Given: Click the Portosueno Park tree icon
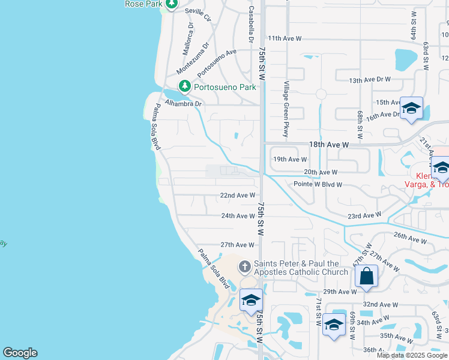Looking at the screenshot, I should (185, 87).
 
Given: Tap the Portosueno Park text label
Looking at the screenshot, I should (225, 88).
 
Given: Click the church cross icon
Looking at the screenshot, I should (244, 266).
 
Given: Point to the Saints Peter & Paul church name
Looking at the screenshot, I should (300, 268).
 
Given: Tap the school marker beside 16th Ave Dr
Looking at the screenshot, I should (411, 109).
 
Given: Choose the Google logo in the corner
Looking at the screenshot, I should (20, 353).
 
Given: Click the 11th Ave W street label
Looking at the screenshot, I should (285, 38).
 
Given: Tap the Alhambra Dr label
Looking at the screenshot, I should (184, 103).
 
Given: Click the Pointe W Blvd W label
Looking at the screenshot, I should (318, 184).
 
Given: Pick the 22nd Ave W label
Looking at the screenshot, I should (238, 196).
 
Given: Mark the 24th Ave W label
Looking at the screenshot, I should (238, 216).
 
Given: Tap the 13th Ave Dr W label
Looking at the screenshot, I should (370, 80).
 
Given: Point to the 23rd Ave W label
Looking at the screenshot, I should (364, 215).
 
